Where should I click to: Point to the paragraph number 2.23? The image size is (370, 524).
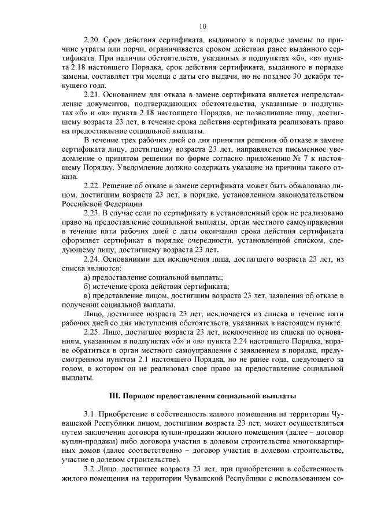point(92,214)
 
